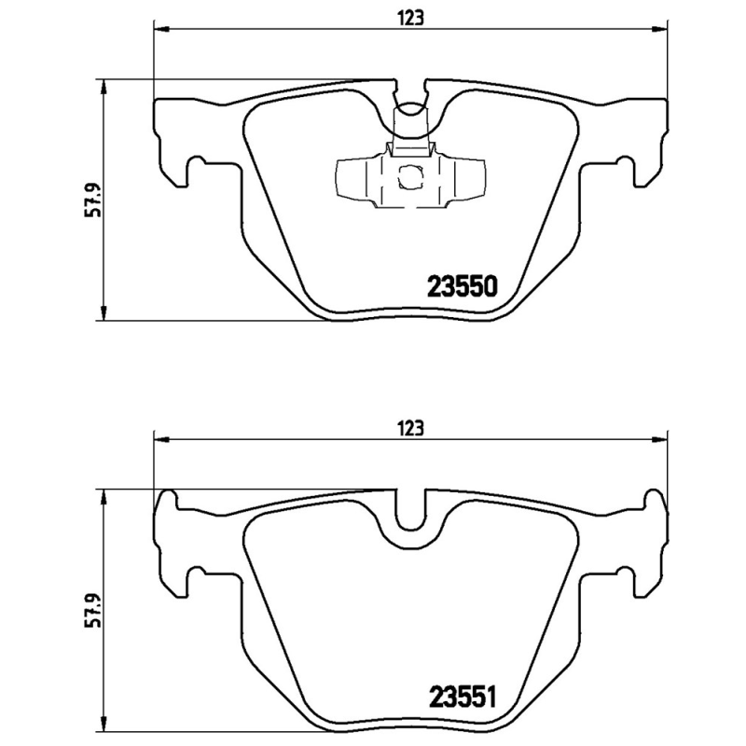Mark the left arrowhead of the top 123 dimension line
pos(159,32)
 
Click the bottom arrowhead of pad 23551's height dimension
pos(104,729)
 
